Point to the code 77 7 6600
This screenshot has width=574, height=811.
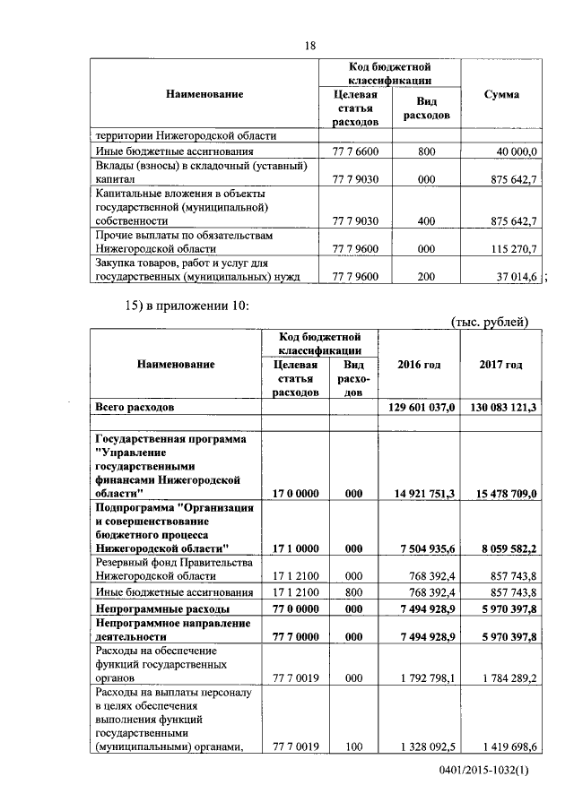click(355, 152)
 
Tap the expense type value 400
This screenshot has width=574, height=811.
click(426, 220)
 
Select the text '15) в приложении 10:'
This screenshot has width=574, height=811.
click(185, 306)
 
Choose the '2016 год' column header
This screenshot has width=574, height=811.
click(419, 365)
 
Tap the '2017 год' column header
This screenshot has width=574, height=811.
click(501, 365)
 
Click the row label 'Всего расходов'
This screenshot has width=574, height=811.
click(135, 407)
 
